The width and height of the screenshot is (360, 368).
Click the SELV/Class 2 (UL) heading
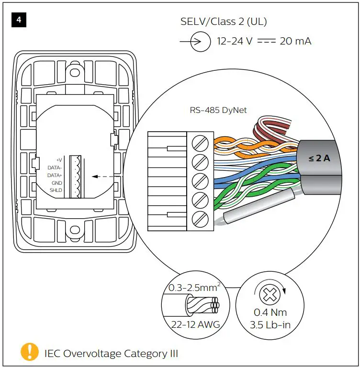[x=224, y=22]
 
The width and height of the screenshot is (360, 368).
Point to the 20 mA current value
[x=295, y=42]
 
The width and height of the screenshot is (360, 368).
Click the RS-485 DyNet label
[x=218, y=110]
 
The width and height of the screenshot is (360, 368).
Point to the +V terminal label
[x=59, y=160]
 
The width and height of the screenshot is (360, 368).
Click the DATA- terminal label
[x=55, y=167]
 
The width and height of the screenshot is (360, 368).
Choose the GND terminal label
[x=57, y=183]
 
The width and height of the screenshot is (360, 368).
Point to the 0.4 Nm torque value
[x=271, y=312]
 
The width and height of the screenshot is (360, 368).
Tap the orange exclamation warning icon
[x=30, y=352]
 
